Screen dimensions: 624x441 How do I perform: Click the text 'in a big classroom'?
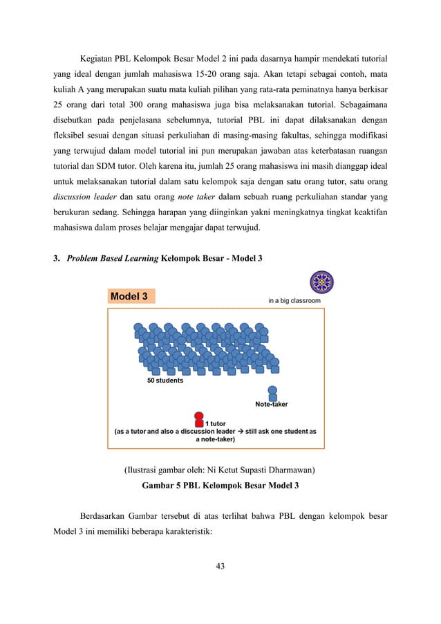pos(295,301)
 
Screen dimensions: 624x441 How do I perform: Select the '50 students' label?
pos(165,380)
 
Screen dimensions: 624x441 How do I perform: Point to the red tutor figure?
pos(199,420)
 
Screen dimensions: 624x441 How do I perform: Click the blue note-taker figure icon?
pos(272,393)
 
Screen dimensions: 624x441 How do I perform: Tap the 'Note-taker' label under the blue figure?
pos(272,404)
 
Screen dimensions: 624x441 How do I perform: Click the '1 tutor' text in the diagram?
pos(216,423)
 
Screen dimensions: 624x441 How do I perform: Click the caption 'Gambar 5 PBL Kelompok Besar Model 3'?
pos(220,486)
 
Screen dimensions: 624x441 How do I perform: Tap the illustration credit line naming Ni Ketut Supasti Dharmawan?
pos(220,470)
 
